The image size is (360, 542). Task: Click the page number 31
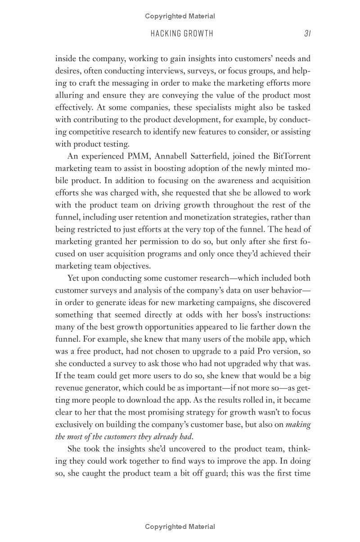307,33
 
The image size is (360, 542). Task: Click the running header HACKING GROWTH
182,33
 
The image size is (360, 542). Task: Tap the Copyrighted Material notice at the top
180,16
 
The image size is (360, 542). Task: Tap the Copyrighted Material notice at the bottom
180,527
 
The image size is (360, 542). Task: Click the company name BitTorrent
292,157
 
